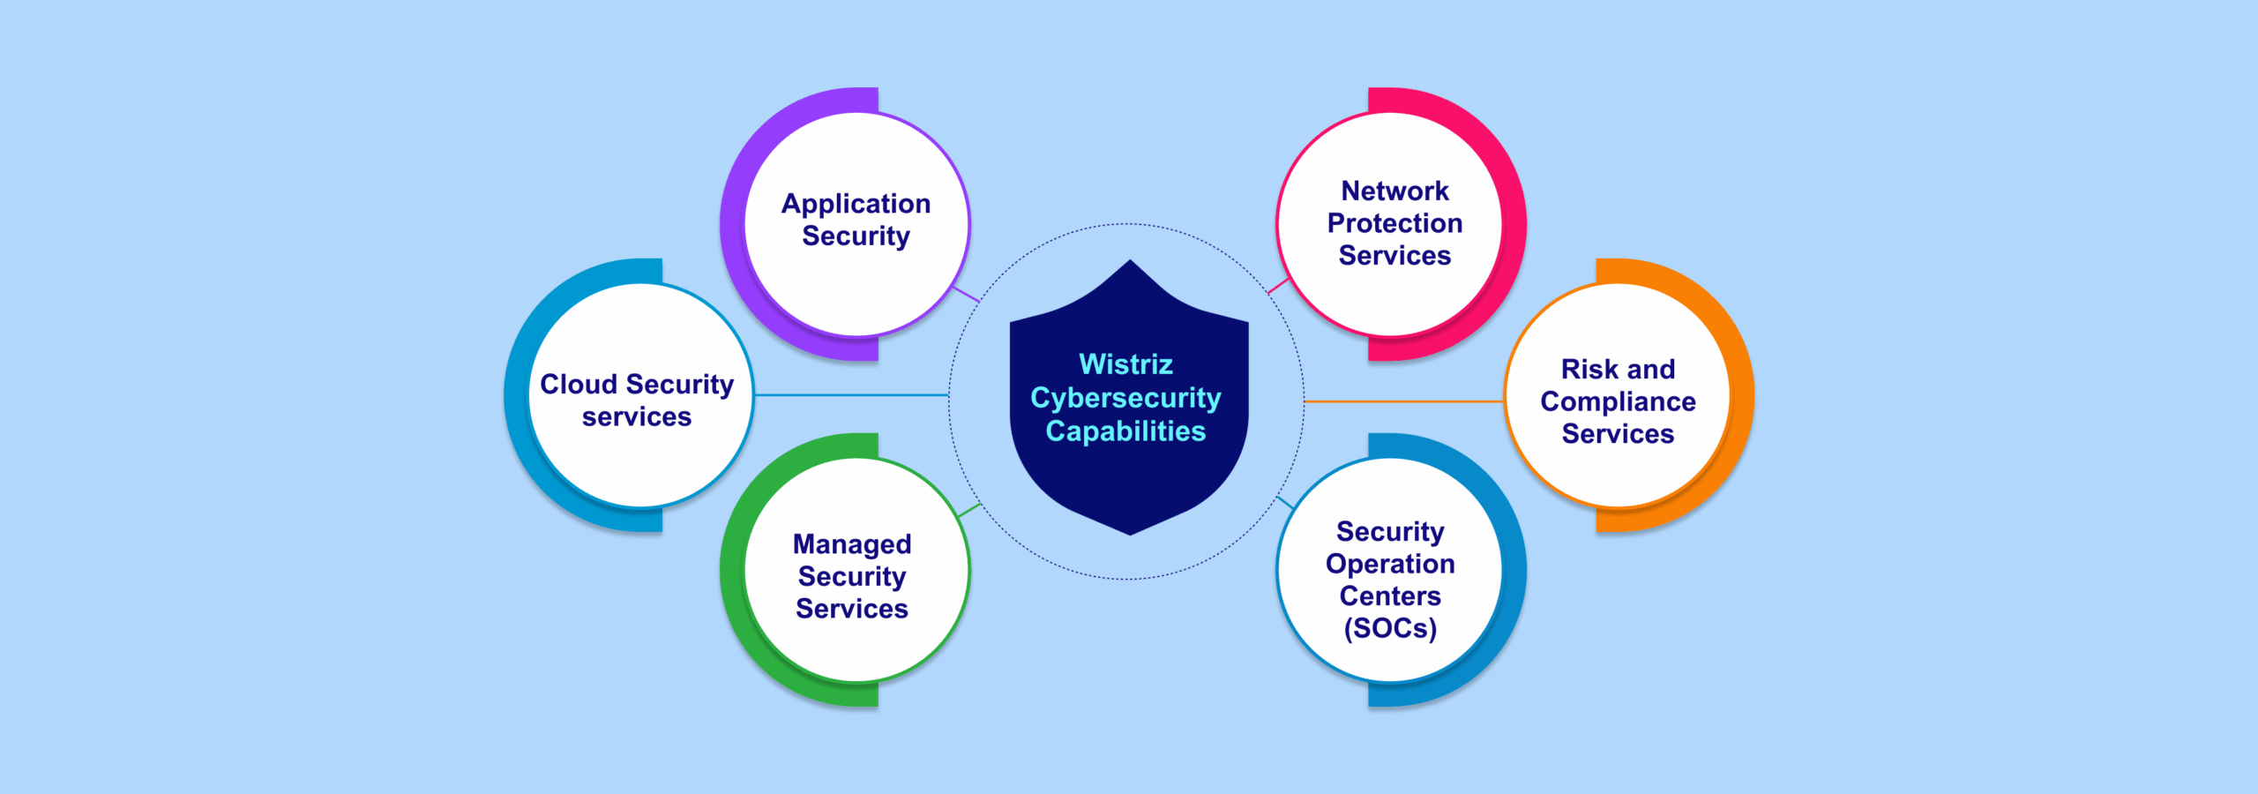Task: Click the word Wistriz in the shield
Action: tap(1125, 364)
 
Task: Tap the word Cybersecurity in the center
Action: tap(1125, 398)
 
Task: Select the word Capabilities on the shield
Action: tap(1125, 431)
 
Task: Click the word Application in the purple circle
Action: tap(856, 204)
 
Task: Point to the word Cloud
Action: tap(579, 385)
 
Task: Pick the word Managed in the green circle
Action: tap(852, 544)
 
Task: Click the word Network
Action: tap(1394, 191)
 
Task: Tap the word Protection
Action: tap(1394, 223)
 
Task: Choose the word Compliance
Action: tap(1618, 401)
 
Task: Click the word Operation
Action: tap(1390, 564)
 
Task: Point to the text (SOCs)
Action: tap(1390, 628)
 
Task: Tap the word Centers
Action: tap(1390, 596)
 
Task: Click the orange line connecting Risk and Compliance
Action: tap(1402, 401)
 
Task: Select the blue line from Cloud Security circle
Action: tap(851, 395)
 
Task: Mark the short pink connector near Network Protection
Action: tap(1278, 286)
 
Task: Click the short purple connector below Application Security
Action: tap(967, 295)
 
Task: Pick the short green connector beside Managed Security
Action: tap(969, 510)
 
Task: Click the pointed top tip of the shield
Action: tap(1130, 261)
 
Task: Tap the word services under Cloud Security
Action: tap(637, 417)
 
